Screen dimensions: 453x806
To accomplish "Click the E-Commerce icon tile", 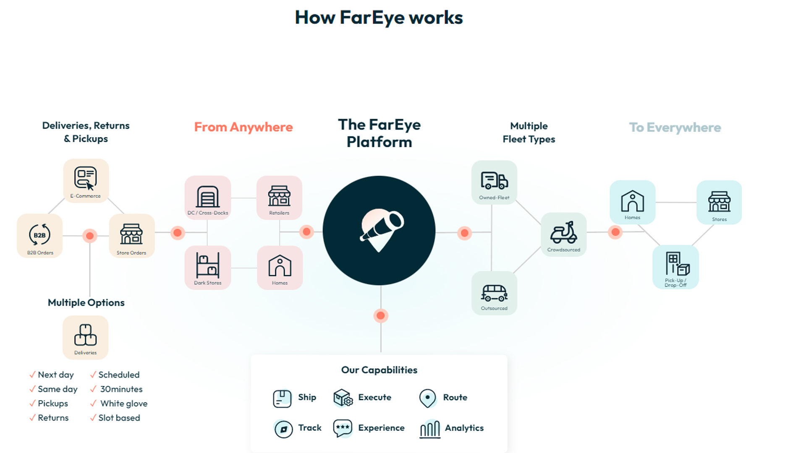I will coord(86,180).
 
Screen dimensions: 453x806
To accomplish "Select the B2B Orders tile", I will coord(40,236).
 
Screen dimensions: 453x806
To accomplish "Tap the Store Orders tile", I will coord(131,236).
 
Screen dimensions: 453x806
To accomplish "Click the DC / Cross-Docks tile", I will coord(208,198).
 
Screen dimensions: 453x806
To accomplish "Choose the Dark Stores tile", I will coord(208,268).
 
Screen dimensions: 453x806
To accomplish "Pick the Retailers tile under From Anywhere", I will coord(279,198).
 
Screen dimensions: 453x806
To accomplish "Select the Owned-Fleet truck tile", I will coord(494,182).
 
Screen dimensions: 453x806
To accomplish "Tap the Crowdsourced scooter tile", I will coord(563,234).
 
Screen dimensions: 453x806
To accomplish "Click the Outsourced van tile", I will coord(494,293).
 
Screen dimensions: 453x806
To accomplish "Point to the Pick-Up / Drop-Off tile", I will coord(675,267).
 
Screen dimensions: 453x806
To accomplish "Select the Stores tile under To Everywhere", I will coord(719,203).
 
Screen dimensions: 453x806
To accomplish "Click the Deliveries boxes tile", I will coord(86,337).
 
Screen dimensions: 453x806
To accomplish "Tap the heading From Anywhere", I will coord(243,127).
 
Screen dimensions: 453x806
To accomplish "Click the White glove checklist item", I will coord(124,404).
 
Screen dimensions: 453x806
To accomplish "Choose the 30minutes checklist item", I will coord(121,389).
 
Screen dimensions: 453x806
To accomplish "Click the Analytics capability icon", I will coord(430,429).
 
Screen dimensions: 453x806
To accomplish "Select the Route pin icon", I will coord(427,398).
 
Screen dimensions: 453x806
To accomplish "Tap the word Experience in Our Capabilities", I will coord(381,428).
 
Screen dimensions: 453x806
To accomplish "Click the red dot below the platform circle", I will coord(381,316).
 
